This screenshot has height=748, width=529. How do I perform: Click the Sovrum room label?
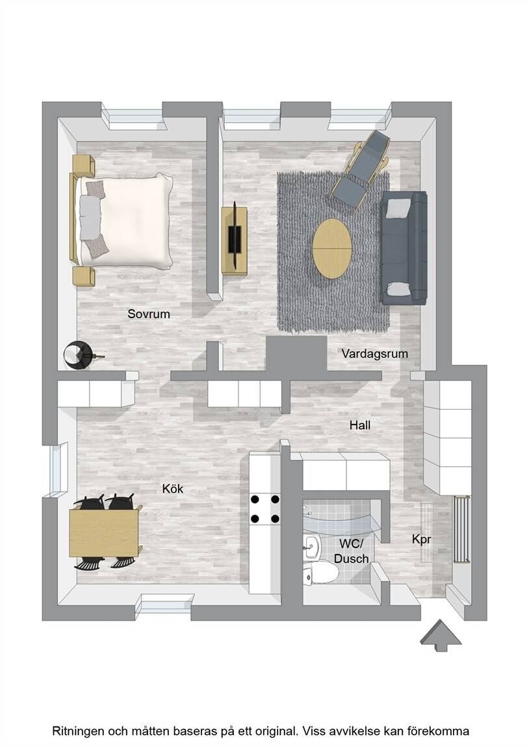[x=148, y=314]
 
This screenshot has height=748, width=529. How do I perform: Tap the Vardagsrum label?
[x=375, y=354]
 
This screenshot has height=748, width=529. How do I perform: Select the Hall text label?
[x=360, y=425]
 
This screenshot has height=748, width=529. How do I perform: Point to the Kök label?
[x=173, y=488]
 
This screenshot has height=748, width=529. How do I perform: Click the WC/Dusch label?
[x=352, y=551]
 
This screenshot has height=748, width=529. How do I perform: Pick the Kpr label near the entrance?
[x=422, y=540]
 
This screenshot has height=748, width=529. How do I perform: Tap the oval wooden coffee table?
[x=332, y=248]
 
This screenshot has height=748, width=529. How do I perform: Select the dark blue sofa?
[x=404, y=247]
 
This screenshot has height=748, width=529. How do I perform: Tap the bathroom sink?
[x=312, y=545]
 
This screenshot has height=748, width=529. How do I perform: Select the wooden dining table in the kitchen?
[x=105, y=532]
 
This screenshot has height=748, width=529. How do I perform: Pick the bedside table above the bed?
[x=84, y=165]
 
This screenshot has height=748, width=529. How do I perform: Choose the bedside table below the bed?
[x=84, y=276]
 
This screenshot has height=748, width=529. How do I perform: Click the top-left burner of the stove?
[x=255, y=499]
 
